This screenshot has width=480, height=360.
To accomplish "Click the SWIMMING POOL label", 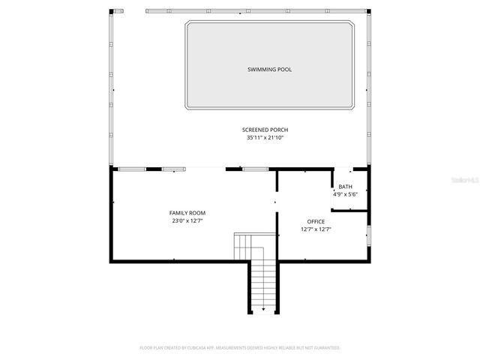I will click(x=269, y=70).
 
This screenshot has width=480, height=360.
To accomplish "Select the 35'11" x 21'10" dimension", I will click(x=265, y=138).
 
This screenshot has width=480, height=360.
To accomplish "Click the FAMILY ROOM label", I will click(x=187, y=213).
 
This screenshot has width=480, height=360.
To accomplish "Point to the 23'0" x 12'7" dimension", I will click(x=187, y=220).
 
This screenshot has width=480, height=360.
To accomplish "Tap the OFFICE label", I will click(x=316, y=221).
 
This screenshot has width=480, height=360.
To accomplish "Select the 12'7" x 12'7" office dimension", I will click(x=316, y=229).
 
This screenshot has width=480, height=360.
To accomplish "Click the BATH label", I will click(x=345, y=187).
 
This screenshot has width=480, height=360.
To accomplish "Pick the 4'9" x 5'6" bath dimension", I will click(x=345, y=194).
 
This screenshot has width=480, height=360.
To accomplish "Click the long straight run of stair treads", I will click(x=263, y=285).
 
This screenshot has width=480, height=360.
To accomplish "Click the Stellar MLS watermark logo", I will click(x=466, y=181).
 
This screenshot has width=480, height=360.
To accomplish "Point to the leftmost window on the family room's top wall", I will click(x=133, y=169).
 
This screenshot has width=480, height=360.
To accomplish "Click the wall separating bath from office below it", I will click(x=349, y=211).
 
